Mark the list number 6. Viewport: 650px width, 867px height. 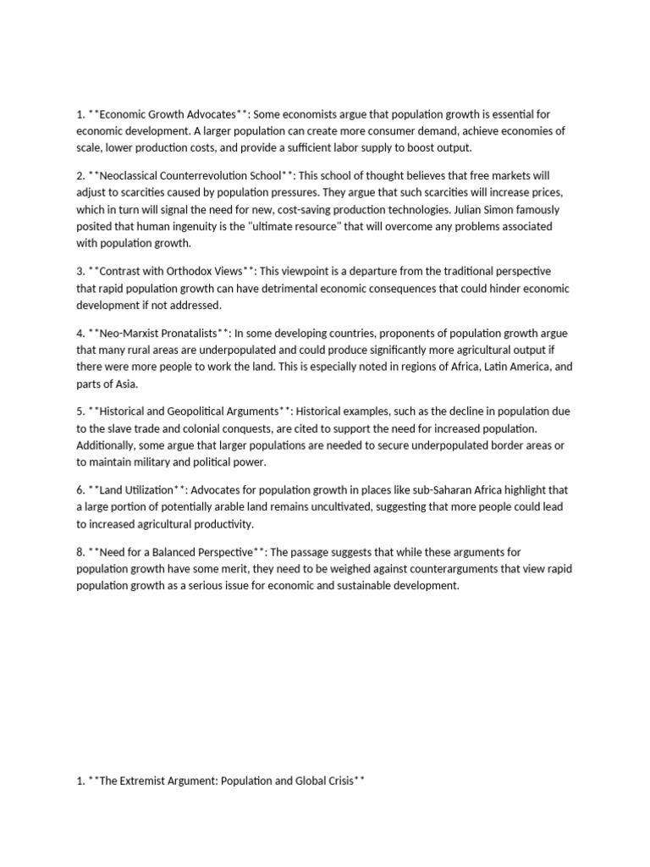point(80,490)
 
